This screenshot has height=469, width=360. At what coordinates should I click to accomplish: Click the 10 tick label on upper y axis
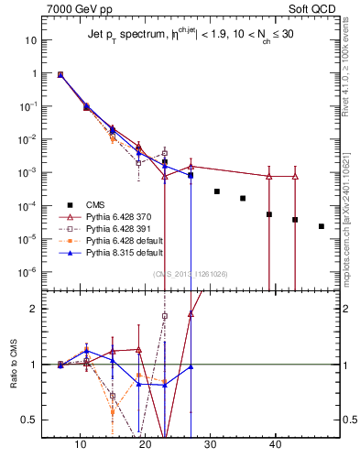point(30,40)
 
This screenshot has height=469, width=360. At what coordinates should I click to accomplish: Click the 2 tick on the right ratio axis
point(346,309)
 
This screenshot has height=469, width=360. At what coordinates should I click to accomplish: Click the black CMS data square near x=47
point(321,226)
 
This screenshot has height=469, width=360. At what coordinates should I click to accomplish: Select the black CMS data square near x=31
point(217,191)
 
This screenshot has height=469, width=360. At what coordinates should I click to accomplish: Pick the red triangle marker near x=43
point(295,176)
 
